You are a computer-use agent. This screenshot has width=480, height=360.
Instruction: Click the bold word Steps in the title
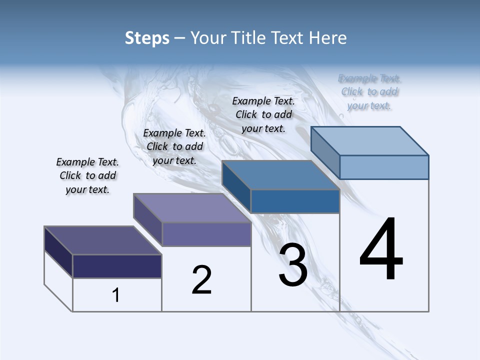[147, 38]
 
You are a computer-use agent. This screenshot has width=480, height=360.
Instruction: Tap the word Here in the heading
[329, 38]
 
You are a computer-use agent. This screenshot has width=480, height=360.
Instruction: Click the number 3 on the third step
[293, 265]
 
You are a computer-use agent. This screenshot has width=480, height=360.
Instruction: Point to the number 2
[201, 279]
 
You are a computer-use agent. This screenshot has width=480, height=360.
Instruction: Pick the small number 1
[116, 295]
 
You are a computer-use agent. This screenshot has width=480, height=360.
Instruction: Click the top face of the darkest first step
[102, 240]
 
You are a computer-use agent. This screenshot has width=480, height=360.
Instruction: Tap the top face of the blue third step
[280, 175]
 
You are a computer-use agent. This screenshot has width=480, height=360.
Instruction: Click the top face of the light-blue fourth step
[369, 140]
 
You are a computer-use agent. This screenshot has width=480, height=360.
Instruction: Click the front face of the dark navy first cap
[117, 266]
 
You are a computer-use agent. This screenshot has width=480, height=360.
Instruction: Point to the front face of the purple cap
[206, 234]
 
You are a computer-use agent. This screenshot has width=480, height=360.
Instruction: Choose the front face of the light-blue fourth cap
[383, 167]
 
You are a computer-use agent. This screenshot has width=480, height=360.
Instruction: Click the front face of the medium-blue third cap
[295, 201]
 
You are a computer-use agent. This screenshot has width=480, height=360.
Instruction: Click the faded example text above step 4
[369, 92]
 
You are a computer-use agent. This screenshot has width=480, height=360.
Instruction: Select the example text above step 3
[263, 114]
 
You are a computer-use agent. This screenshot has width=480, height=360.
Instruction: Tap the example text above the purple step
[174, 146]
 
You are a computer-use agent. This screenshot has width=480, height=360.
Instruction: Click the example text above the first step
[87, 175]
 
